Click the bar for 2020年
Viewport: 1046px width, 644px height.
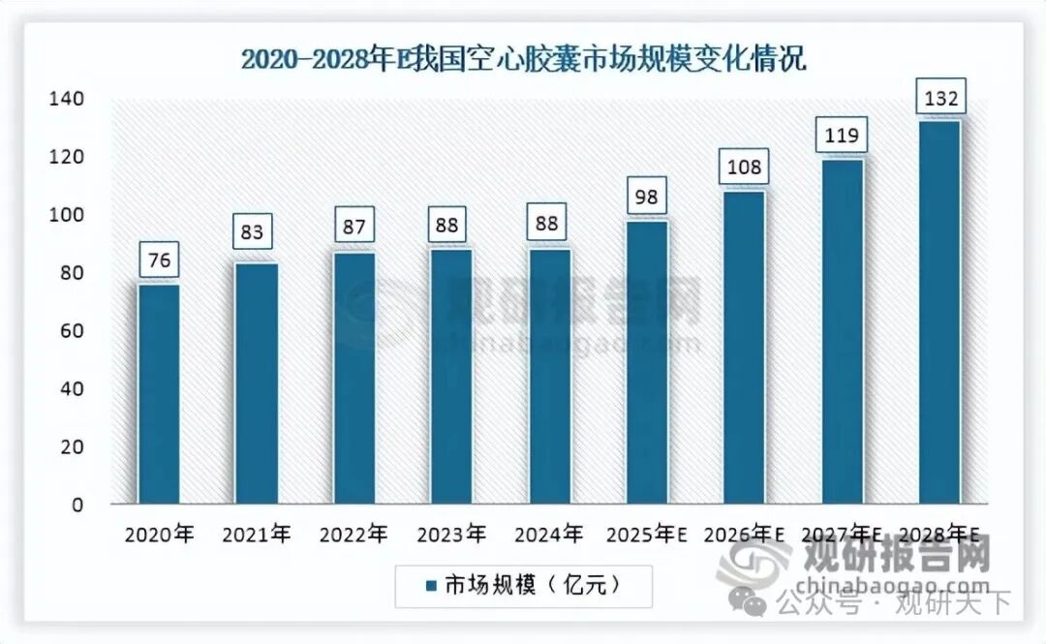[x=158, y=393]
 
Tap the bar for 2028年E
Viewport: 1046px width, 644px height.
[x=938, y=312]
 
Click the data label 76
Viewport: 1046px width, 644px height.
[x=158, y=261]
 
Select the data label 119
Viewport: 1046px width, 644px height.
[x=841, y=136]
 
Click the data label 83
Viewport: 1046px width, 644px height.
[x=256, y=233]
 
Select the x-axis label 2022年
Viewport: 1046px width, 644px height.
[x=354, y=535]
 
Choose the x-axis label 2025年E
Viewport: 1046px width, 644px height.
[x=646, y=535]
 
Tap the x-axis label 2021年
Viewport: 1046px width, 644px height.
[x=256, y=535]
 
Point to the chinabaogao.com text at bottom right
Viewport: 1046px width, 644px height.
[x=895, y=585]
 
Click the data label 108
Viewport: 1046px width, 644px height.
[x=744, y=168]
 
